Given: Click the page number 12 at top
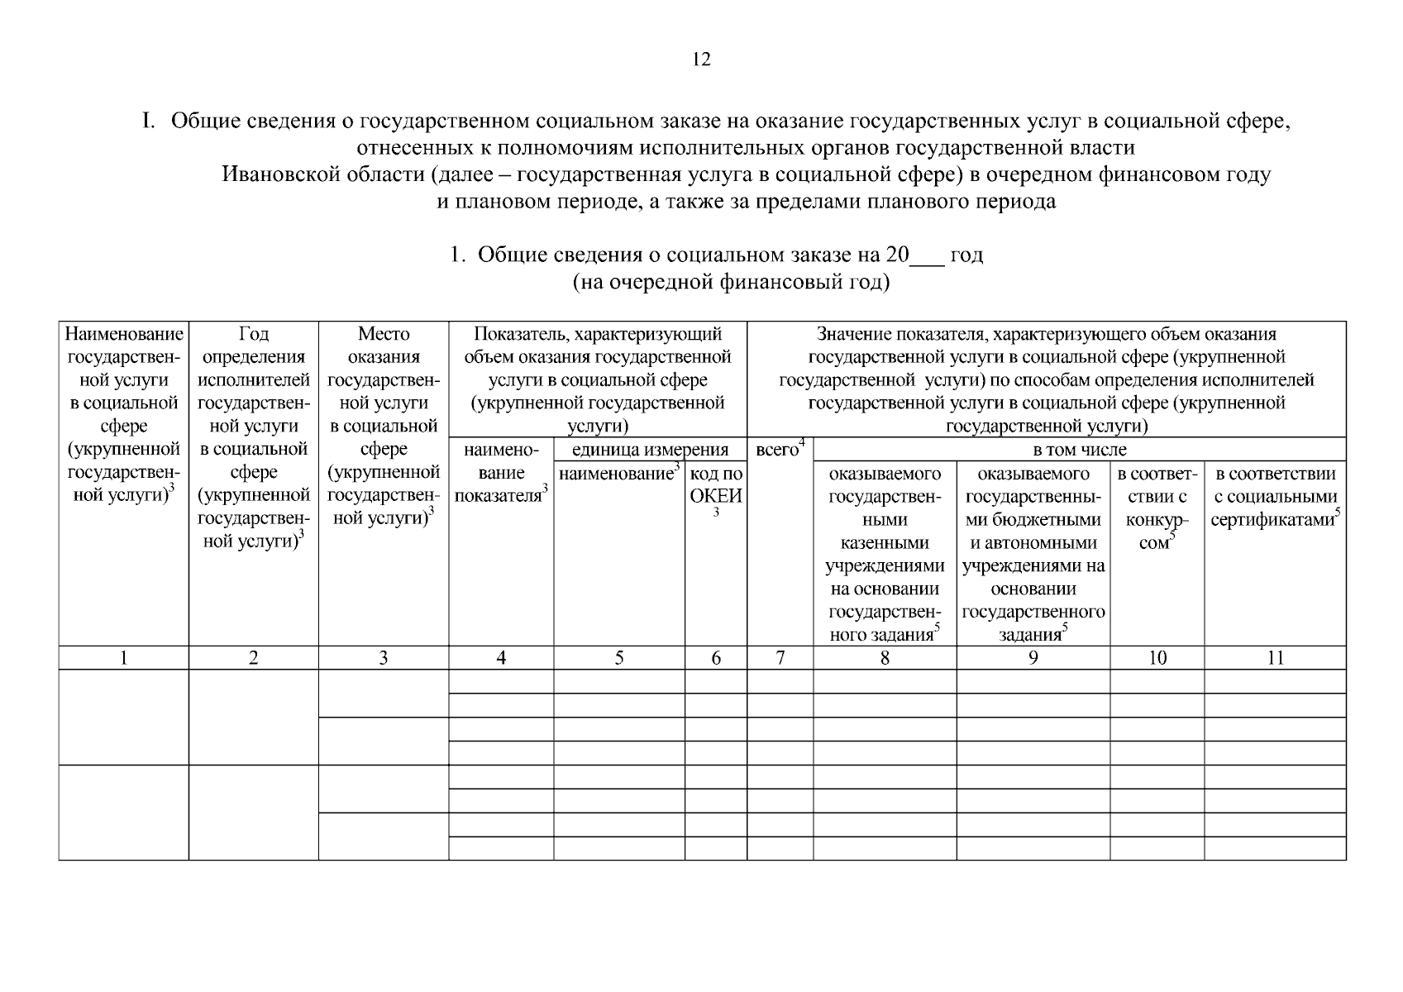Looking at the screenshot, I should [701, 60].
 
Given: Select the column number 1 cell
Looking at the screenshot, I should [123, 658].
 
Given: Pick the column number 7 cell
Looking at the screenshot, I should [780, 658].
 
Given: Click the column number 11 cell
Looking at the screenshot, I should [1275, 658].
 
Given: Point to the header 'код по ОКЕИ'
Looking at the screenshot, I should [716, 486].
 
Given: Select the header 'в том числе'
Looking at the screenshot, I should [1079, 451].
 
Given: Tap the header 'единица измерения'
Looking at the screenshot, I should [650, 451].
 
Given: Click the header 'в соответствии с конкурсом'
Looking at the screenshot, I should [1157, 508].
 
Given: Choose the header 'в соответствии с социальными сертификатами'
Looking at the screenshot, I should [1275, 497].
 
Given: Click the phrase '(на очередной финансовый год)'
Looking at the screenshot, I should [731, 283].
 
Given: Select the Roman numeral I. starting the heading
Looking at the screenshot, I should [149, 122].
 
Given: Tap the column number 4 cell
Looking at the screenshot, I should [501, 658].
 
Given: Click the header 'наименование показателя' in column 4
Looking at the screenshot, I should [501, 473].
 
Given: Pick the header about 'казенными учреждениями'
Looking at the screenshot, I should [885, 555].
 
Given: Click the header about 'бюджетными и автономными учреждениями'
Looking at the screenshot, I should [1033, 555].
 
